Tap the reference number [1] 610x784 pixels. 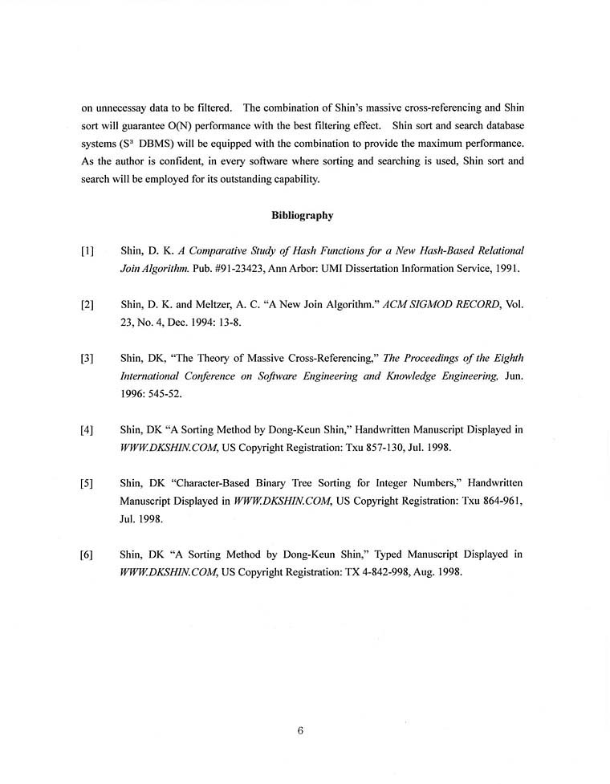coord(87,251)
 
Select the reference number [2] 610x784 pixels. coord(87,305)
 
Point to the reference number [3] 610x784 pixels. coord(87,359)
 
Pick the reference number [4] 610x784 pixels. coord(87,430)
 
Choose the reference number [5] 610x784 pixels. coord(87,484)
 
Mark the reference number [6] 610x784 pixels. coord(87,554)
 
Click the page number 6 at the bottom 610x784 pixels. coord(299,730)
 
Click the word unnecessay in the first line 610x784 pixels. coord(130,108)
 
